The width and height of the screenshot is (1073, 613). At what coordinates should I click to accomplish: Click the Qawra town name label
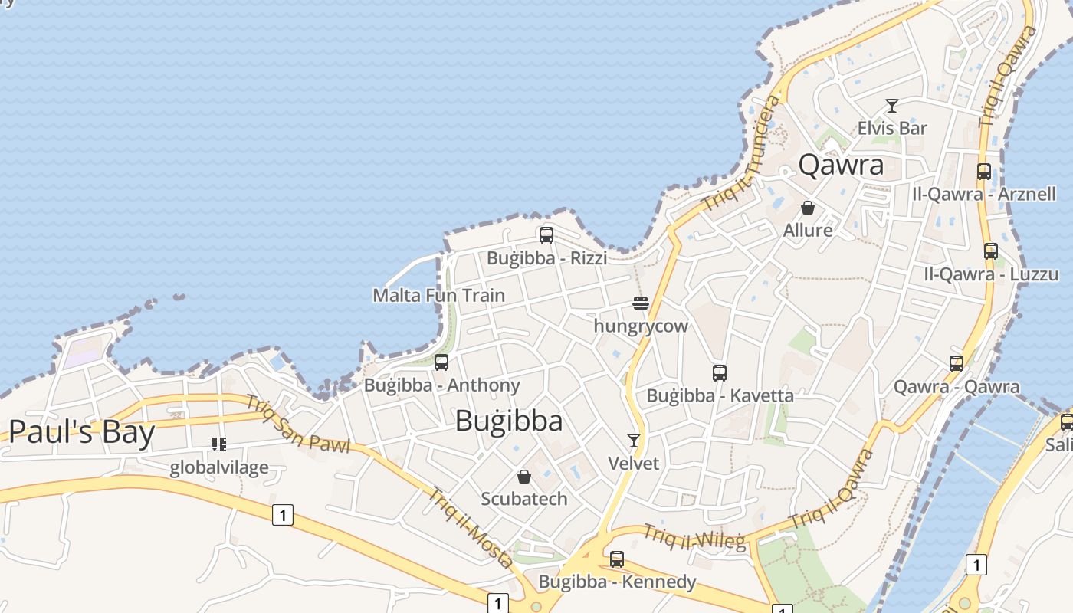tap(841, 165)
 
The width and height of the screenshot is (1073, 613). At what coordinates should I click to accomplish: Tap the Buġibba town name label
tap(509, 421)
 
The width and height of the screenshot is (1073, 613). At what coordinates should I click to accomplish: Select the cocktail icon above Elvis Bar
tap(891, 105)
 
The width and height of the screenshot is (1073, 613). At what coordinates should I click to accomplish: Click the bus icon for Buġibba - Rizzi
tap(546, 234)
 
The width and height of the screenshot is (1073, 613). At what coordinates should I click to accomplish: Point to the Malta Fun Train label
tap(438, 295)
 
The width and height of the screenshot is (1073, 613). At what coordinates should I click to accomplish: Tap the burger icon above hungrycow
tap(641, 303)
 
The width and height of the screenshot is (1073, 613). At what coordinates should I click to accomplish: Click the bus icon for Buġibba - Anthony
tap(441, 362)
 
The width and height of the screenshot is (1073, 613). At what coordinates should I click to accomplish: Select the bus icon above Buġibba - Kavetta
tap(719, 372)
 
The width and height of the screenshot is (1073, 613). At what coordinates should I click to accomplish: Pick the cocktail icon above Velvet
tap(633, 440)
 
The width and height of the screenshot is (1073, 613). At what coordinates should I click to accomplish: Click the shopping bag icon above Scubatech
tap(524, 477)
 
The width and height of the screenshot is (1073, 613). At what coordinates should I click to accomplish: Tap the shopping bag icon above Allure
tap(808, 207)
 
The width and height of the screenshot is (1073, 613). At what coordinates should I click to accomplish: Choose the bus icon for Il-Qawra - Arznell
tap(984, 171)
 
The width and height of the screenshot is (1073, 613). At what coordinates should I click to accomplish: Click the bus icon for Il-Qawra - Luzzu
tap(991, 251)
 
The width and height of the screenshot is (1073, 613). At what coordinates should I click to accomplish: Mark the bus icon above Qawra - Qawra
tap(957, 363)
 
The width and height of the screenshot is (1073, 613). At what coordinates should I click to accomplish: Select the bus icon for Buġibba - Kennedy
tap(617, 559)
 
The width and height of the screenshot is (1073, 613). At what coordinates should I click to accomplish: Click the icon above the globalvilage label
tap(219, 444)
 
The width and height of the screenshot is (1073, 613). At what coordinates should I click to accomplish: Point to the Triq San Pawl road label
tap(297, 423)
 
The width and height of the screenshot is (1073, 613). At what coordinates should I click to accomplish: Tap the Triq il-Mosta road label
tap(471, 528)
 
